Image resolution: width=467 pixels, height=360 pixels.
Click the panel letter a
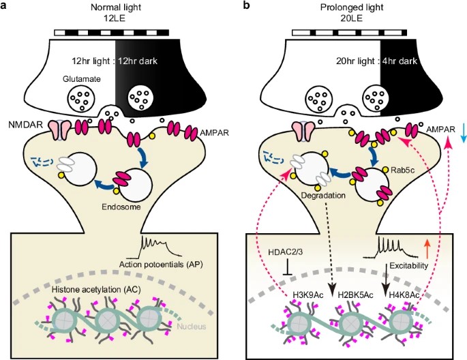(4, 5)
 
